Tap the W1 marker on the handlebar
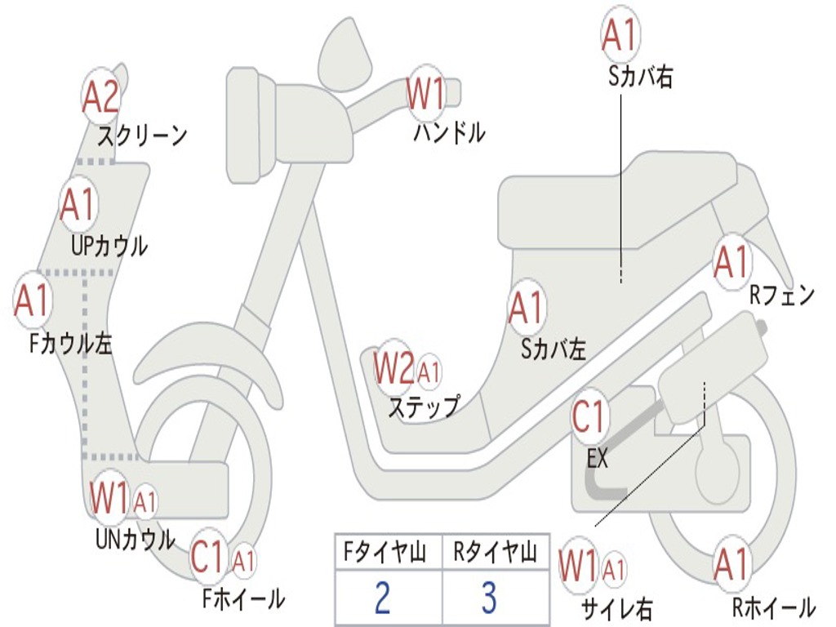pyautogui.click(x=426, y=93)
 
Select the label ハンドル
pyautogui.click(x=448, y=132)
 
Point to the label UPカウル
pyautogui.click(x=109, y=245)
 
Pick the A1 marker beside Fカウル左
pyautogui.click(x=32, y=301)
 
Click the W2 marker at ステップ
pyautogui.click(x=394, y=370)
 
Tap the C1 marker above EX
pyautogui.click(x=589, y=416)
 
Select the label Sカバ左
pyautogui.click(x=554, y=349)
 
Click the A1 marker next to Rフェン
pyautogui.click(x=731, y=261)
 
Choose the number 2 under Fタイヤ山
pyautogui.click(x=382, y=598)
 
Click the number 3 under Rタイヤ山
pyautogui.click(x=489, y=598)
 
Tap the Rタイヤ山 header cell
pyautogui.click(x=495, y=554)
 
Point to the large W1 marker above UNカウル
pyautogui.click(x=109, y=498)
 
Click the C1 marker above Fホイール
pyautogui.click(x=207, y=558)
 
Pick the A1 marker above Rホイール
pyautogui.click(x=731, y=564)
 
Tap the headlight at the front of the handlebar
pyautogui.click(x=243, y=124)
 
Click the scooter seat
pyautogui.click(x=620, y=204)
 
